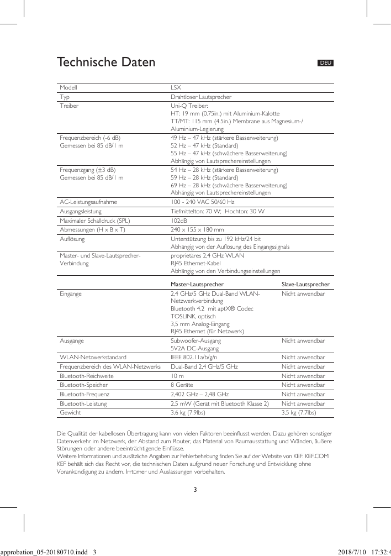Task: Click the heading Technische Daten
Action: tap(106, 62)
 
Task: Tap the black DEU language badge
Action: tap(326, 63)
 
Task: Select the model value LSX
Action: tap(176, 88)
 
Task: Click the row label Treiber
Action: tap(69, 105)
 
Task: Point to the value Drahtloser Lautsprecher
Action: tap(200, 97)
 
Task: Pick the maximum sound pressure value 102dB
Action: tap(179, 221)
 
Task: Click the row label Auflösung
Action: tap(72, 239)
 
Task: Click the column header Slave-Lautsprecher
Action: tap(305, 285)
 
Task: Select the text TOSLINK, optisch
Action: tap(193, 316)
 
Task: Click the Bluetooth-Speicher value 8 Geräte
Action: tap(183, 385)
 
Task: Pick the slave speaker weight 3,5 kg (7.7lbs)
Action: tap(299, 412)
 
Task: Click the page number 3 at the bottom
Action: tap(196, 490)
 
